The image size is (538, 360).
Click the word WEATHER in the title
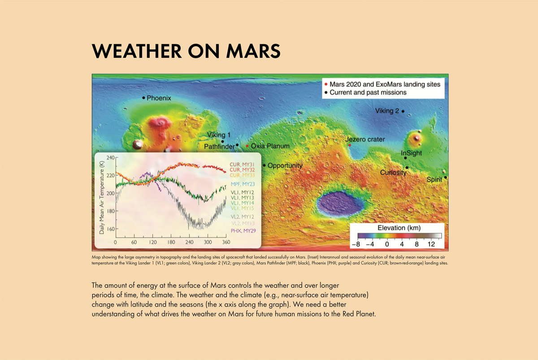[x=137, y=51]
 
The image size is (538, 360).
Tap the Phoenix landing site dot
[x=143, y=98]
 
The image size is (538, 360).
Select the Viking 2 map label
[x=387, y=111]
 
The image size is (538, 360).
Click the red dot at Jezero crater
[x=350, y=145]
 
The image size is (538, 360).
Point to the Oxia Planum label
[x=270, y=146]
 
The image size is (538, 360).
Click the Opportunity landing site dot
[x=264, y=165]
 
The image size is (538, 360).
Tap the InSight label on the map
[x=411, y=153]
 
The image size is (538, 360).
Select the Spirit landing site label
[x=434, y=179]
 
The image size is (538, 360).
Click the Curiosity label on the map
[x=393, y=173]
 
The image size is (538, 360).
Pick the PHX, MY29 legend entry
[x=243, y=231]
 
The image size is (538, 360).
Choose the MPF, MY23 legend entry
[x=243, y=184]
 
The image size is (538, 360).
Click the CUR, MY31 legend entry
[x=242, y=165]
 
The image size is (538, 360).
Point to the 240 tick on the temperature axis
[x=110, y=158]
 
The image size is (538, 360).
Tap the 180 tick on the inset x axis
[x=171, y=242]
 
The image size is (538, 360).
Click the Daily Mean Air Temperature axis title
[x=102, y=197]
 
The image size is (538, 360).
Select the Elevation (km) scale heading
[x=399, y=228]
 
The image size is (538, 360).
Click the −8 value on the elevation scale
[x=356, y=244]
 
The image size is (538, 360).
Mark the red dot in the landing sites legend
[x=326, y=84]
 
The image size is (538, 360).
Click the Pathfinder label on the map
[x=219, y=147]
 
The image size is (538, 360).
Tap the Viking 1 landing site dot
[x=222, y=142]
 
